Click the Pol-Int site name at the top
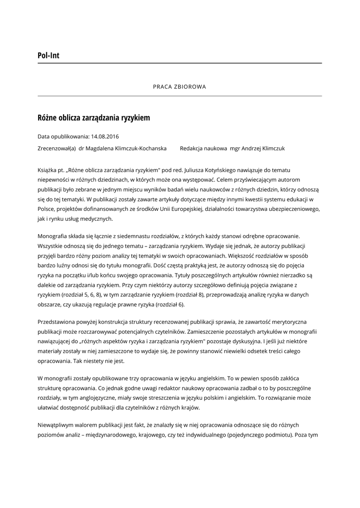pos(48,56)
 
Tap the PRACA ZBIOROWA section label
pos(179,86)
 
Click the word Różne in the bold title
pos(47,118)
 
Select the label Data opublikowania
pos(63,136)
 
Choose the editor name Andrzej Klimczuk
pos(263,148)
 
